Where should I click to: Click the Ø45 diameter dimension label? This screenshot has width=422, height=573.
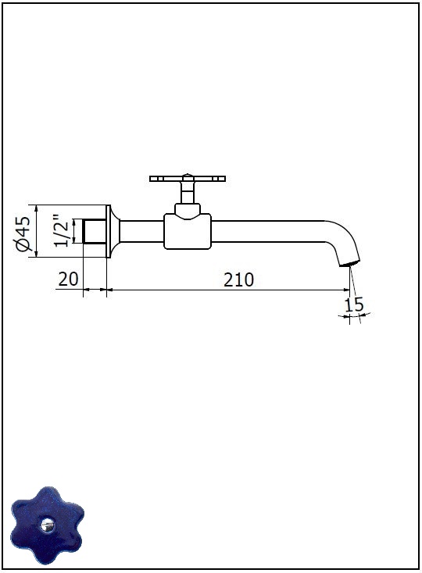coord(23,234)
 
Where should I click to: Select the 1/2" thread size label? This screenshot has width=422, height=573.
coord(61,231)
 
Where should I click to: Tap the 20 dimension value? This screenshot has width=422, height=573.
coord(69,279)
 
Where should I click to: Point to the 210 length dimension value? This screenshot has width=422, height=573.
coord(238,280)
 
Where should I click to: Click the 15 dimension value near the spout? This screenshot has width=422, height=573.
coord(354,304)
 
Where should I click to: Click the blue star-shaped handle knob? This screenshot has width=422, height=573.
coord(47,525)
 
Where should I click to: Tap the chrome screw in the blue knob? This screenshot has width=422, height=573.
coord(47,526)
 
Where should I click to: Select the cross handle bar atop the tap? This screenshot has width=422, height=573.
coord(188,179)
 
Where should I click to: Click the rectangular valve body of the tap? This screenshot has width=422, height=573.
coord(188,232)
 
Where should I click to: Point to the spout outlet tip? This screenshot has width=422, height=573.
coord(349,263)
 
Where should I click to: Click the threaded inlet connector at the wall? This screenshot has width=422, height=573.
coord(95,231)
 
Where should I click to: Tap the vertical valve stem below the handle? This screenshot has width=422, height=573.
coord(188,193)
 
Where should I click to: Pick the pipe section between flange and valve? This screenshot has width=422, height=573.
coord(141,231)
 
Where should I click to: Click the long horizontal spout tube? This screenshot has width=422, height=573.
coord(268,231)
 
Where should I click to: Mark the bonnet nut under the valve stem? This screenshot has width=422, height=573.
coord(188,209)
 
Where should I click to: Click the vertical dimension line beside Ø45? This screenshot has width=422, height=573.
coord(36,231)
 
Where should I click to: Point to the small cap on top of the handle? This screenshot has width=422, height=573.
coord(188,175)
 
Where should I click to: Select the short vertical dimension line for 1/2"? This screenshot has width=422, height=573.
coord(74,231)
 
